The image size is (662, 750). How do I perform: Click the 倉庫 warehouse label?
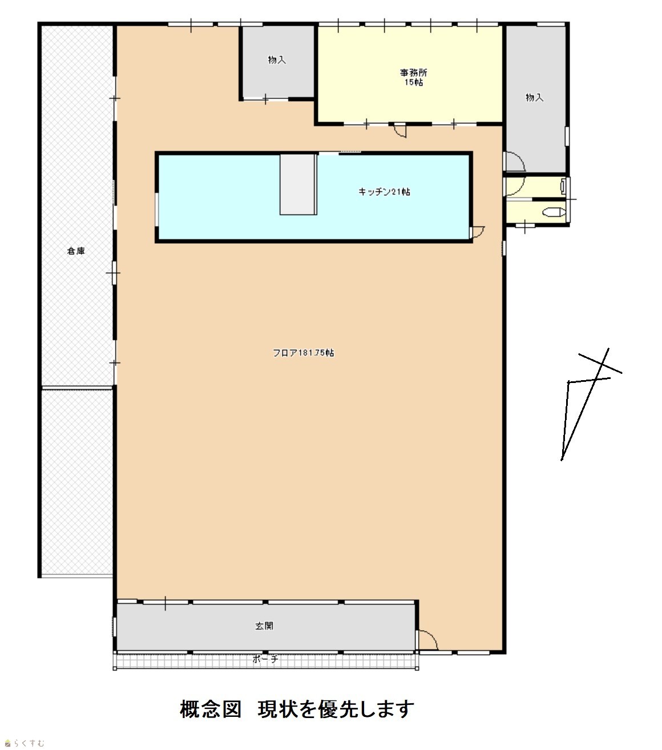76,251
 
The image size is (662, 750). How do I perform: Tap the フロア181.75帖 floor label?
303,353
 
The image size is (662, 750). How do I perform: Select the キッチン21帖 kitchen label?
384,192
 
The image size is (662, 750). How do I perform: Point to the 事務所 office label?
413,72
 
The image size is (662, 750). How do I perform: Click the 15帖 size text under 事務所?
414,82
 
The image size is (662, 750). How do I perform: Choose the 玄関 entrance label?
264,626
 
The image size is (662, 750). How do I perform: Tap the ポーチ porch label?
265,659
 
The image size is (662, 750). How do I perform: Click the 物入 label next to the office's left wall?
277,60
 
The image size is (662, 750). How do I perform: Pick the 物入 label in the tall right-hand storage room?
534,98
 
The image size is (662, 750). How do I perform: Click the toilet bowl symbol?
554,212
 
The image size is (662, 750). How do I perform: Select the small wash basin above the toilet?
563,186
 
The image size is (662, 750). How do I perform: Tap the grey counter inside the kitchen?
298,184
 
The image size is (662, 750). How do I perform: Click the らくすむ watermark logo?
25,743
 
